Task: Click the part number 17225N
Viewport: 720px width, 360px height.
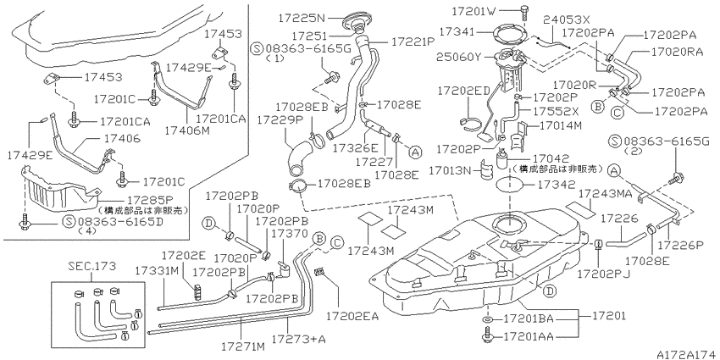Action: click(301, 18)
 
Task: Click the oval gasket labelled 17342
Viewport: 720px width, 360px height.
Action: click(511, 186)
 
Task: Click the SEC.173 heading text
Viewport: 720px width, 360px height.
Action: click(91, 266)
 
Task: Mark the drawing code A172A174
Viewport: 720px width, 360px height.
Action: click(688, 354)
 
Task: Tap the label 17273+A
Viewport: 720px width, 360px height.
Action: click(298, 339)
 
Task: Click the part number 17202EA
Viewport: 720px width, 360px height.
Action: click(352, 316)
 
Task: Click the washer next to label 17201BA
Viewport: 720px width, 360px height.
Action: click(487, 318)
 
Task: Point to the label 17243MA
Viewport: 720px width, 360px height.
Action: click(605, 193)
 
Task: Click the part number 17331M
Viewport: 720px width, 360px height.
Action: click(157, 272)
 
